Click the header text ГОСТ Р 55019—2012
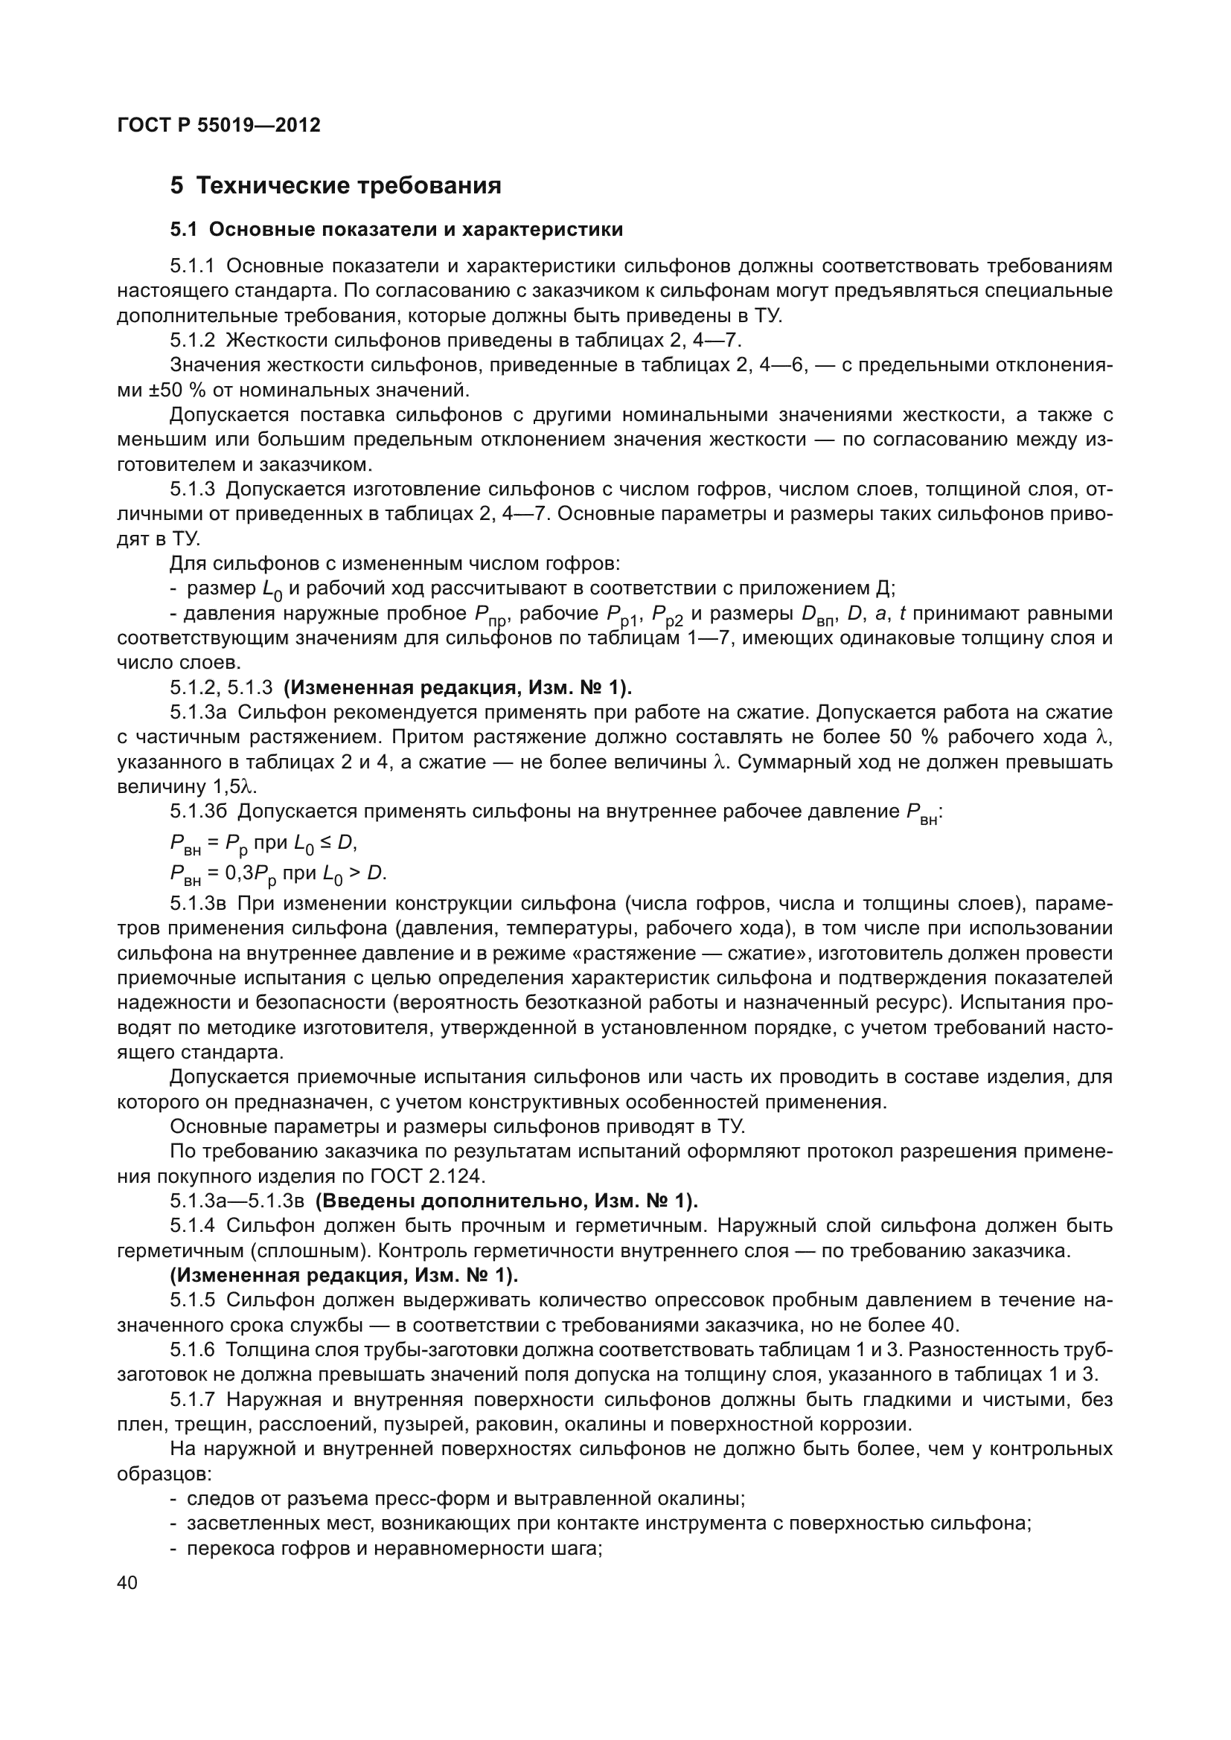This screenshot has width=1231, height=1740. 219,125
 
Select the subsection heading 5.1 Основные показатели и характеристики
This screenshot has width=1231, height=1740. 397,230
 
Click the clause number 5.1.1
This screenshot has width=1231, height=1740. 193,266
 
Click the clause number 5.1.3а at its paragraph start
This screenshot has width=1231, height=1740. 198,713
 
